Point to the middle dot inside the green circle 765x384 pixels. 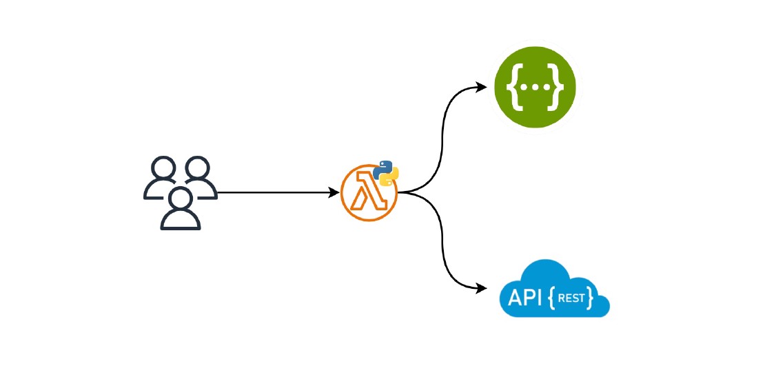pyautogui.click(x=535, y=88)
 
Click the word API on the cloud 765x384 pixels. pyautogui.click(x=525, y=297)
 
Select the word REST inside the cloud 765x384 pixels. pyautogui.click(x=571, y=298)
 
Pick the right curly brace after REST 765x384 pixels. pyautogui.click(x=591, y=298)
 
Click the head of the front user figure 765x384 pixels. pyautogui.click(x=181, y=199)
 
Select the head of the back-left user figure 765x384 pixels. pyautogui.click(x=163, y=170)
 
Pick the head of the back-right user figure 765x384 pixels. pyautogui.click(x=198, y=169)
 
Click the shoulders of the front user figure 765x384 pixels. pyautogui.click(x=181, y=221)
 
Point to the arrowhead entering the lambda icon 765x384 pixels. pyautogui.click(x=334, y=192)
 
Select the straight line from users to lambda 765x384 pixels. pyautogui.click(x=276, y=192)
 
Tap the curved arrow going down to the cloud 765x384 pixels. pyautogui.click(x=442, y=241)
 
